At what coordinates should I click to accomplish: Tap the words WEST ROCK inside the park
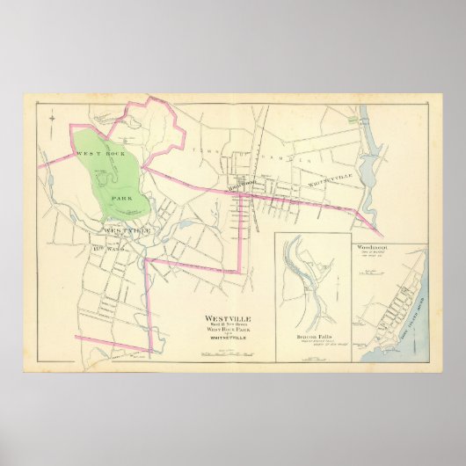click(98, 154)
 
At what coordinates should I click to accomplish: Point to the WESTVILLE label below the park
click(127, 231)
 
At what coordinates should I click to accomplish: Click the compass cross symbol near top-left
click(53, 115)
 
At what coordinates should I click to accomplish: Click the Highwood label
click(240, 187)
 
